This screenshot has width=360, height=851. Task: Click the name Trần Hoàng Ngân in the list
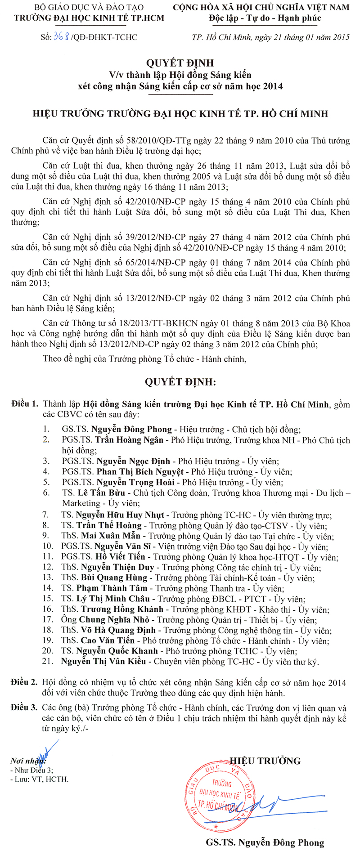(129, 440)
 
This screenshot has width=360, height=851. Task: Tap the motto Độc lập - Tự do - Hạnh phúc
(265, 18)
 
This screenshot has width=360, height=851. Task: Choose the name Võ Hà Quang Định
(118, 630)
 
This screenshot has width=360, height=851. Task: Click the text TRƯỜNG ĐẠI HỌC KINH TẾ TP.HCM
(89, 18)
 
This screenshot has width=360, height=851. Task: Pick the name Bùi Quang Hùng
(114, 578)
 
